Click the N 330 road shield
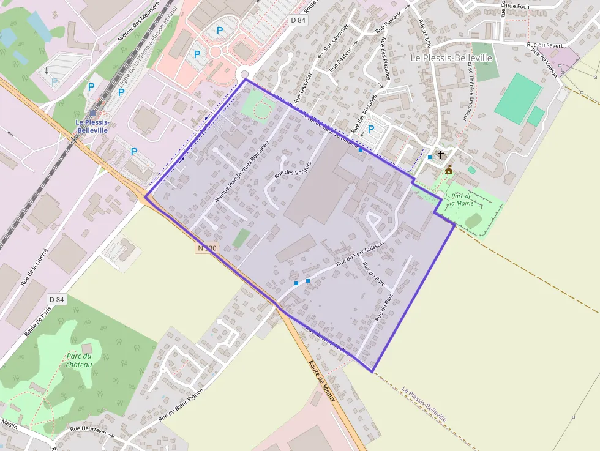208,248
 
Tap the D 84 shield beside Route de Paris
56,299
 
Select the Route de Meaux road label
321,380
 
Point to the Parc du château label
80,360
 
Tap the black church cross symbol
440,155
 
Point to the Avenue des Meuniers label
138,21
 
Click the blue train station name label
91,126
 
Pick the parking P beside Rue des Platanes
370,129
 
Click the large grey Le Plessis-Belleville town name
451,58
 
